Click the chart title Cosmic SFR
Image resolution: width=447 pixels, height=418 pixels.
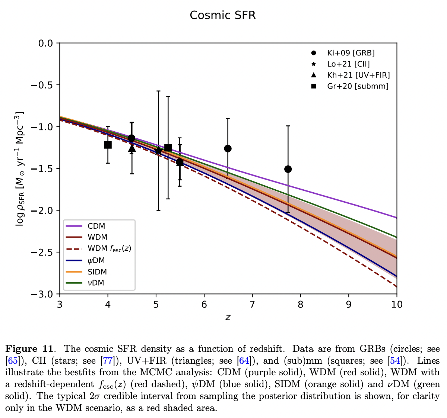223,15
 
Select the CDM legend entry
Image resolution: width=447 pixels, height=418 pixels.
96,226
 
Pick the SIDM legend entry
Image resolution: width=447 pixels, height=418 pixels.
97,272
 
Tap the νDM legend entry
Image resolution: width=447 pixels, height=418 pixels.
96,283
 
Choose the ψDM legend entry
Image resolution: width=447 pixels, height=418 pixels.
96,261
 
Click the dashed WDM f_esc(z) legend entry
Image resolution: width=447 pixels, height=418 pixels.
109,248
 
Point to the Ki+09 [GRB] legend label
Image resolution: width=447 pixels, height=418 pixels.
351,53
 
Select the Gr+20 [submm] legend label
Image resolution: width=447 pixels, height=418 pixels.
358,86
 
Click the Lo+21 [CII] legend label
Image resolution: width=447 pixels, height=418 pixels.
348,64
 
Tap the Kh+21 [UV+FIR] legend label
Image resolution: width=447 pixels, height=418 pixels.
358,75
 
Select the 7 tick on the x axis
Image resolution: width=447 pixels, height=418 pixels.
252,305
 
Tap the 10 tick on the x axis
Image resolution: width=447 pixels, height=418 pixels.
397,305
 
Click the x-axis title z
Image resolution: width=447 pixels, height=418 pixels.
228,317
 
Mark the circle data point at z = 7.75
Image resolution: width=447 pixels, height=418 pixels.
288,169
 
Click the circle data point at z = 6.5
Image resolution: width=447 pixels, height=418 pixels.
228,148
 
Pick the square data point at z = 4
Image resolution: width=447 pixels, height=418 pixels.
108,145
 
